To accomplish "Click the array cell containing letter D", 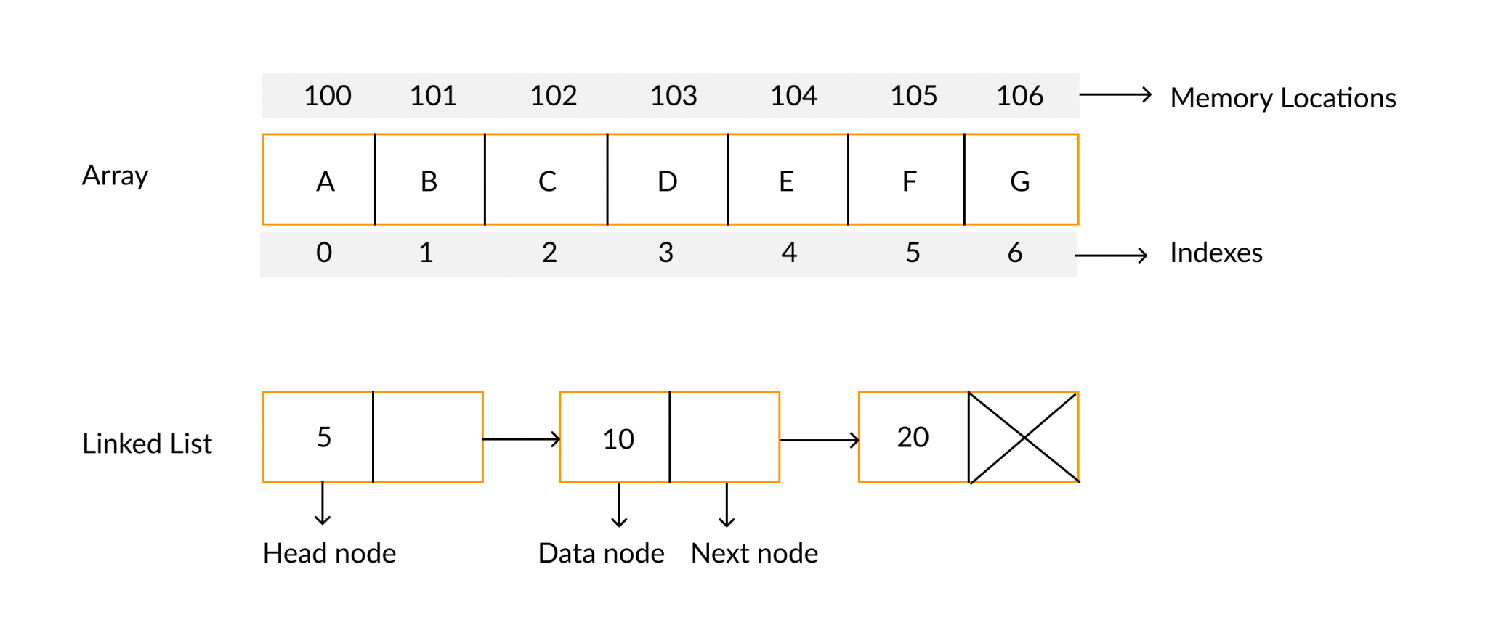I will click(667, 180).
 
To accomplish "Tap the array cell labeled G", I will click(1021, 180).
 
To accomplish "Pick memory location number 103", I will click(674, 96).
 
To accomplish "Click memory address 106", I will click(1019, 96).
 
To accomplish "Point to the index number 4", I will click(789, 253).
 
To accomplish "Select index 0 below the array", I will click(324, 253).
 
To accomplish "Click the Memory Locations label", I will click(1282, 98).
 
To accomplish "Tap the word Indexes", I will click(1216, 253).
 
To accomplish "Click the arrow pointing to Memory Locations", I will click(1115, 94).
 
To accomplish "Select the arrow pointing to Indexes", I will click(1111, 255).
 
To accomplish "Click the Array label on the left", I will click(115, 176).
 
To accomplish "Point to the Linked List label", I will click(147, 444).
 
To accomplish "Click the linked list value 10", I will click(618, 438).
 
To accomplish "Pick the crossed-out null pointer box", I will click(1024, 437).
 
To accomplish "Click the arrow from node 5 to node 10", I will click(521, 438).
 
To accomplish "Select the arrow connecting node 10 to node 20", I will click(819, 439).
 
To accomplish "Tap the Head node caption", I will click(329, 553).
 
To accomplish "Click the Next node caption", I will click(754, 553).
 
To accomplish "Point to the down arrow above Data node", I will click(619, 505).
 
